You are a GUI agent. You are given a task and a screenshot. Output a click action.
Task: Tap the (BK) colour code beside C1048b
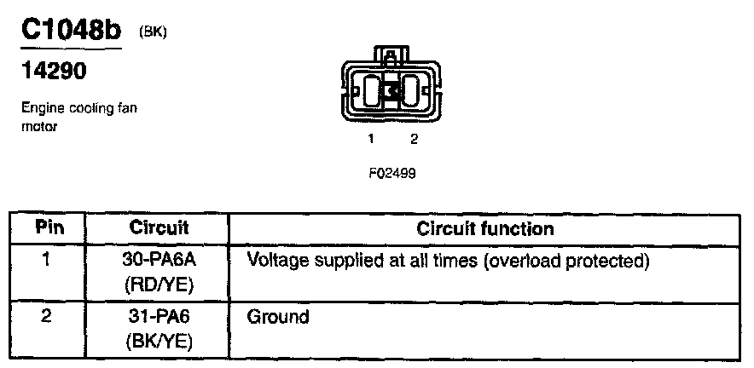pos(153,32)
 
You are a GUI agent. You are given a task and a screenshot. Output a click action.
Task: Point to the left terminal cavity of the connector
pos(373,90)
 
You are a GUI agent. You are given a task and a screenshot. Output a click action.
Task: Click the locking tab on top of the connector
pos(391,57)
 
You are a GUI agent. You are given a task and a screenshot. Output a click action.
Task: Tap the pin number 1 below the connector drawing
pos(372,138)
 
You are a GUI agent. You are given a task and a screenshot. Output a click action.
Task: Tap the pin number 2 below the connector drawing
pos(414,138)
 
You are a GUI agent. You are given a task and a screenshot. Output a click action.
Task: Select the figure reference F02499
pos(392,172)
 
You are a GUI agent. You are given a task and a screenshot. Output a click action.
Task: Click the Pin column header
pos(49,228)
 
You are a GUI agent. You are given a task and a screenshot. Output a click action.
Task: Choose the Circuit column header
pos(159,228)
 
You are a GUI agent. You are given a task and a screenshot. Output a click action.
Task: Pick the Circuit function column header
pos(484,228)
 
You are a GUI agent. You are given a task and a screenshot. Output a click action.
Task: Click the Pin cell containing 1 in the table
pos(49,259)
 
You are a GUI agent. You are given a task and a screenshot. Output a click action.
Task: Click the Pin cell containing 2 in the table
pos(49,318)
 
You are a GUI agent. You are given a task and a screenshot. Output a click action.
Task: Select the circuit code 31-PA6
pos(159,318)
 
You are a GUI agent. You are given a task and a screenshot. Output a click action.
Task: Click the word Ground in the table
pos(277,318)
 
